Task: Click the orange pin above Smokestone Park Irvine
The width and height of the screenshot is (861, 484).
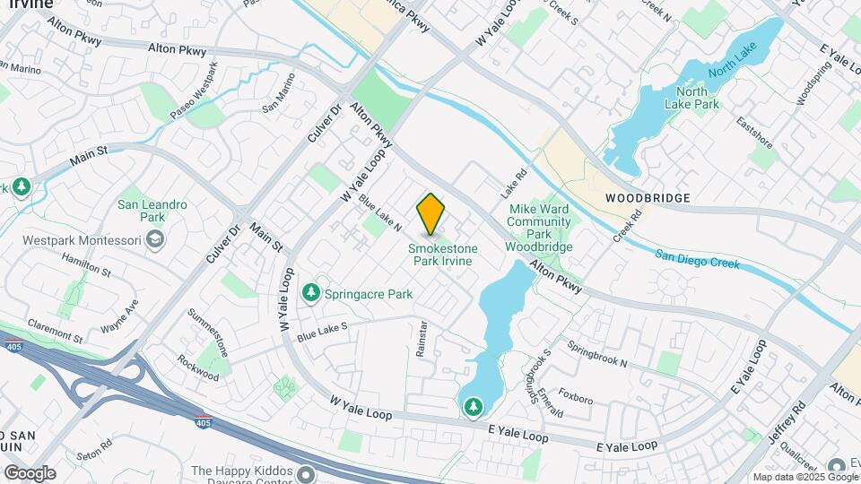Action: [430, 213]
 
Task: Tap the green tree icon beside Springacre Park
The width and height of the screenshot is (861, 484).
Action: [311, 293]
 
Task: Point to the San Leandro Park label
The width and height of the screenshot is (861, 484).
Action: [152, 211]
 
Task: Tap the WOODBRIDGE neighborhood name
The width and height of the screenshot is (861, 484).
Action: [647, 197]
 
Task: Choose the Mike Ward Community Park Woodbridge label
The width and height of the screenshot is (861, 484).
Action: [538, 228]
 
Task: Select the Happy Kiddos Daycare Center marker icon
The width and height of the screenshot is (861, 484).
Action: [307, 473]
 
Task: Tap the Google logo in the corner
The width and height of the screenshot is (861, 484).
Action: [30, 472]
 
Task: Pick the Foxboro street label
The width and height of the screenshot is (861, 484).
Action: [576, 393]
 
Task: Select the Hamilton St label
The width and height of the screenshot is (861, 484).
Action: [86, 264]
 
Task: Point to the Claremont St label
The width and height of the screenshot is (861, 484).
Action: [55, 332]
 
